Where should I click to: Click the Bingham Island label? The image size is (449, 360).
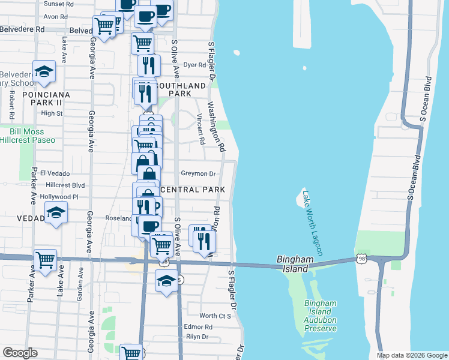pyautogui.click(x=296, y=264)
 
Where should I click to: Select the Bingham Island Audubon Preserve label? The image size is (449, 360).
pyautogui.click(x=321, y=316)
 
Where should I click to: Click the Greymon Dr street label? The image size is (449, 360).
pyautogui.click(x=198, y=174)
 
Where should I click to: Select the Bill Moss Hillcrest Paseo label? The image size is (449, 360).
pyautogui.click(x=32, y=135)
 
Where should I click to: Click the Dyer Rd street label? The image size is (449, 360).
pyautogui.click(x=195, y=65)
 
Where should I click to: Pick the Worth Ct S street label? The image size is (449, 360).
pyautogui.click(x=215, y=316)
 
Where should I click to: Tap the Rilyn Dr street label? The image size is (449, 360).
pyautogui.click(x=197, y=337)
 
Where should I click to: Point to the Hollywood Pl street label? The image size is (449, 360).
pyautogui.click(x=59, y=197)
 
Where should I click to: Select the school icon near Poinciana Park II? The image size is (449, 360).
pyautogui.click(x=44, y=72)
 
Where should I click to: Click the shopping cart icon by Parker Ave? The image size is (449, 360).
pyautogui.click(x=45, y=259)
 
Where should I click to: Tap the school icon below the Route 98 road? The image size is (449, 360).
pyautogui.click(x=166, y=280)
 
